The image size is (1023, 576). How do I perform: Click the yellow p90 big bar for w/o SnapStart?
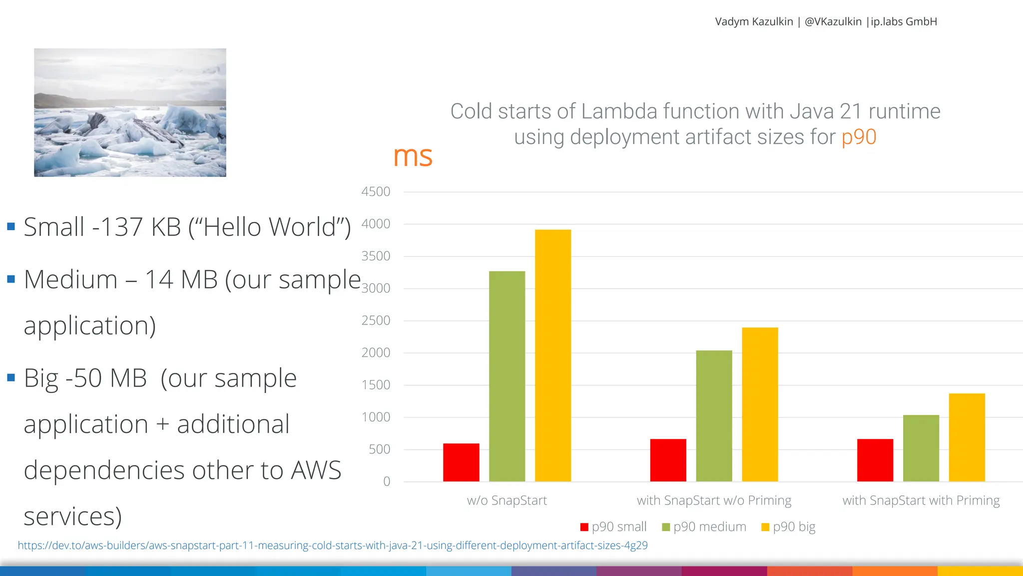552,355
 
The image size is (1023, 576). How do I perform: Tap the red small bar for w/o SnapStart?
461,462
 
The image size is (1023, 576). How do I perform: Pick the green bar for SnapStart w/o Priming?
714,415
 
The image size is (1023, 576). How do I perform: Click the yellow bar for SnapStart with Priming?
967,437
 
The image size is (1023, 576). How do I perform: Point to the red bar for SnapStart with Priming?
875,460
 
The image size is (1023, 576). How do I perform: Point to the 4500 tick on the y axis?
376,191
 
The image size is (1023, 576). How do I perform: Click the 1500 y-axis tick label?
376,385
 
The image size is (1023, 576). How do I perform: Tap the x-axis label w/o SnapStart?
507,500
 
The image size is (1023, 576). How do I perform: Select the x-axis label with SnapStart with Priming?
921,500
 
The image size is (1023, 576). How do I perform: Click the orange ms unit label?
412,156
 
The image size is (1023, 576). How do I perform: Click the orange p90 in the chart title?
859,136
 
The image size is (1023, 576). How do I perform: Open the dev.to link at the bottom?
332,545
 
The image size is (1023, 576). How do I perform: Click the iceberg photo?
130,112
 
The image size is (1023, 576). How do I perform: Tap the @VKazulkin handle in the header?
833,21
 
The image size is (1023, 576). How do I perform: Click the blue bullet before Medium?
11,279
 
